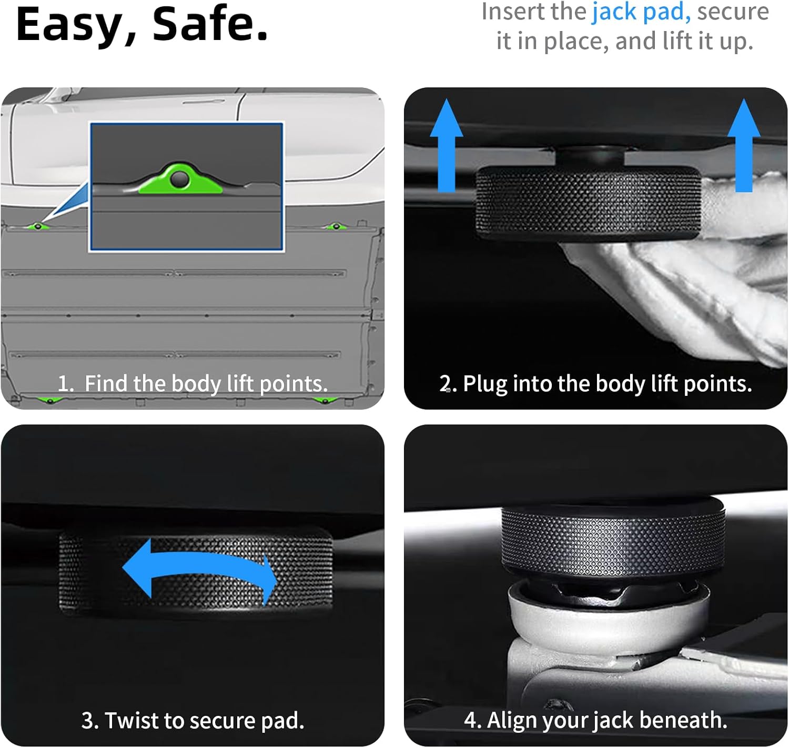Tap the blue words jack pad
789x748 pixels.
point(641,12)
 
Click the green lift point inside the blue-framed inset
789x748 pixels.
point(180,179)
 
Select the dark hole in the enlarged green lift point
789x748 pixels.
point(179,179)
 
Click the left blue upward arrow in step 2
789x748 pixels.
point(446,145)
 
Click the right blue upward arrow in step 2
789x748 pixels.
point(744,145)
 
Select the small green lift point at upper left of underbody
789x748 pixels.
point(37,226)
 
